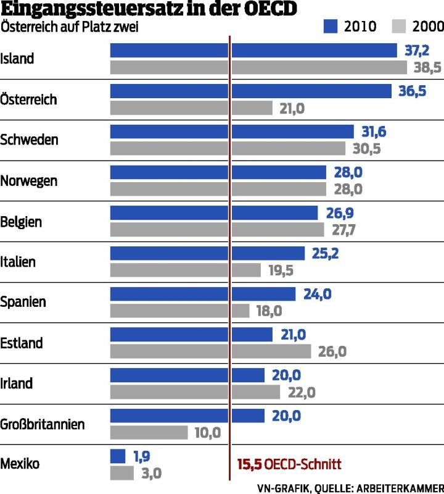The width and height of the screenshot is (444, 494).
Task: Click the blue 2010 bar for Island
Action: (x=253, y=51)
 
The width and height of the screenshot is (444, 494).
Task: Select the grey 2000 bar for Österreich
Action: (x=191, y=108)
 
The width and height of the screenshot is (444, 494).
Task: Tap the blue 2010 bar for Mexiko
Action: (x=118, y=456)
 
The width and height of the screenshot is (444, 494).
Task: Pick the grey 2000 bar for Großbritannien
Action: (x=149, y=432)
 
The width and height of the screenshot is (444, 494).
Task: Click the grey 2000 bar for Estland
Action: (x=210, y=351)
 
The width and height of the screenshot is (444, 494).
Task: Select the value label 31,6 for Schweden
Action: (x=373, y=132)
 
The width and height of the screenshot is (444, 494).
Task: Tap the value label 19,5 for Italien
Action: (x=281, y=270)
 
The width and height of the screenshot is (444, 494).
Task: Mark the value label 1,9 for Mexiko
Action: (x=142, y=456)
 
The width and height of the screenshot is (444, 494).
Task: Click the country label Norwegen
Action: (x=29, y=181)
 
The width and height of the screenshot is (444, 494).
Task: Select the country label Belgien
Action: (x=22, y=222)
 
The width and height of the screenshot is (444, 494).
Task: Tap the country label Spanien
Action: (x=23, y=303)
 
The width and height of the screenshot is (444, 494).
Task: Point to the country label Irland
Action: (x=17, y=383)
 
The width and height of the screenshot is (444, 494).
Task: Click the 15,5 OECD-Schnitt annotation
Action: (x=289, y=464)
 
